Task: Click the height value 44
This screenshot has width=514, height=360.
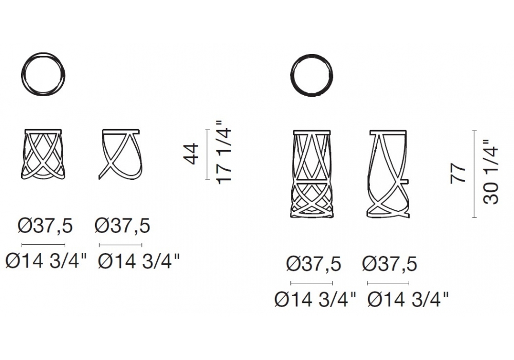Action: pyautogui.click(x=191, y=153)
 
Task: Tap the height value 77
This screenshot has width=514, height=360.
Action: pyautogui.click(x=458, y=174)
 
